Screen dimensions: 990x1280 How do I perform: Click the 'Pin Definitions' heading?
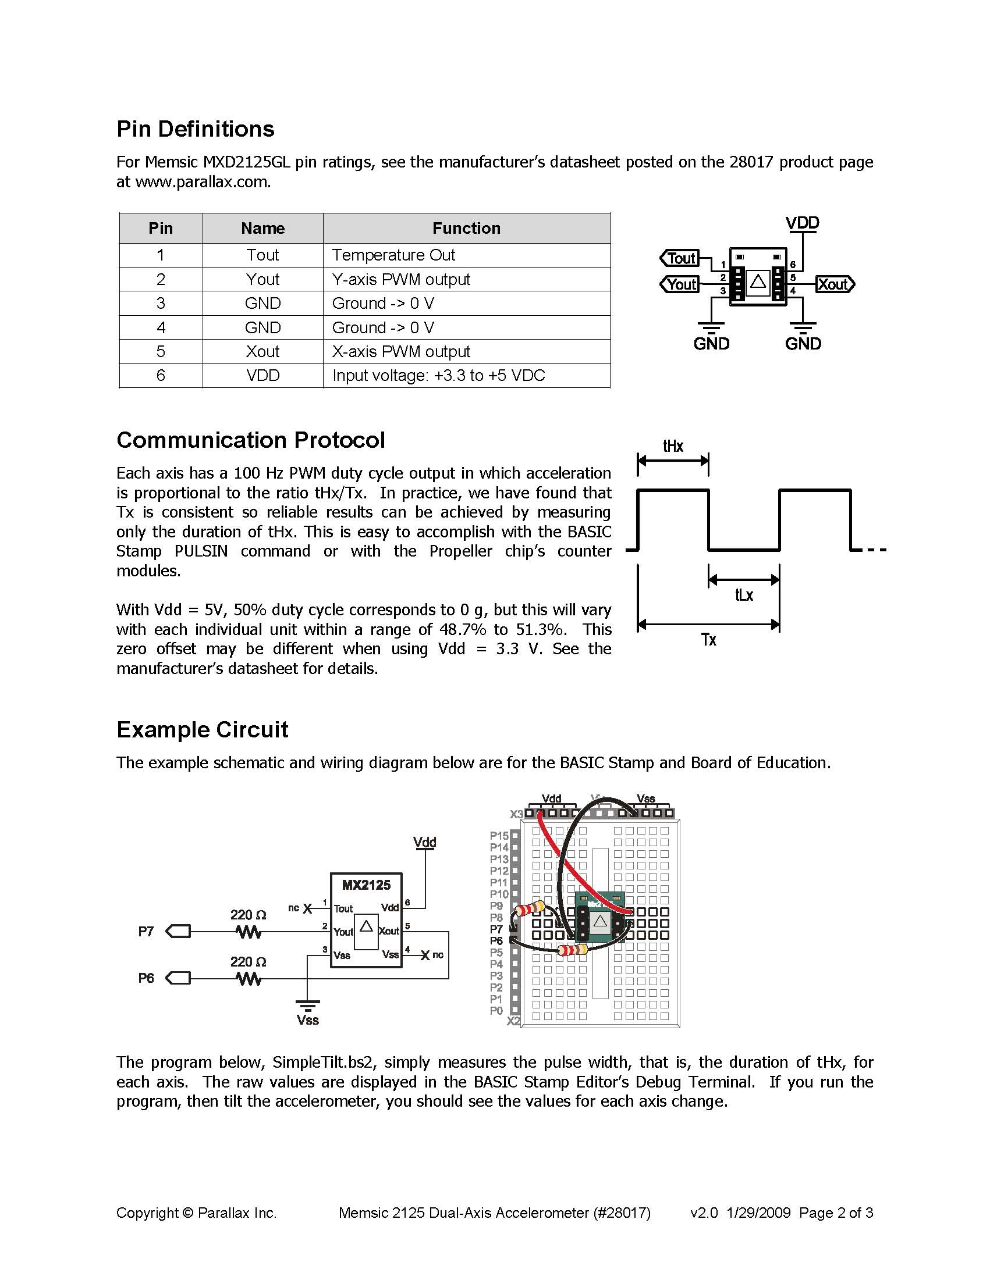(196, 129)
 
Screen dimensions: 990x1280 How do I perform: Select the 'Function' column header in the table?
(466, 228)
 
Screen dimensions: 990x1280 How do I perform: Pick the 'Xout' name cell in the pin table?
(262, 351)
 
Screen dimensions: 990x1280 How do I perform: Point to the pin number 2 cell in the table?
(161, 279)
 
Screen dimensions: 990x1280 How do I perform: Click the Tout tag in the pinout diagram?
(679, 258)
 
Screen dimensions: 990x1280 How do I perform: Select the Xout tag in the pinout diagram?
(835, 284)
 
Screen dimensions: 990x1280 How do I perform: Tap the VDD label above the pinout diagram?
(803, 223)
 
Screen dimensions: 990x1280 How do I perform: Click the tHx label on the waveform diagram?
(673, 446)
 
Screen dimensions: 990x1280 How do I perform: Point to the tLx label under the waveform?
(744, 595)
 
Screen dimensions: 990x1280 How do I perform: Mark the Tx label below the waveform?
(708, 639)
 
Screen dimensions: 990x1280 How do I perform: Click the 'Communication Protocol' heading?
(250, 440)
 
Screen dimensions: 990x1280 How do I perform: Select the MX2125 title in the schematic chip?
(366, 885)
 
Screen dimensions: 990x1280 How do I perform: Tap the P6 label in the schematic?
(146, 978)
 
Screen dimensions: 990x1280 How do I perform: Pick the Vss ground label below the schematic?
(307, 1021)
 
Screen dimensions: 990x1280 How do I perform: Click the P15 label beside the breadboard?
(499, 836)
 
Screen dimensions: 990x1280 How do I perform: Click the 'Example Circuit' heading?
(203, 730)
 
